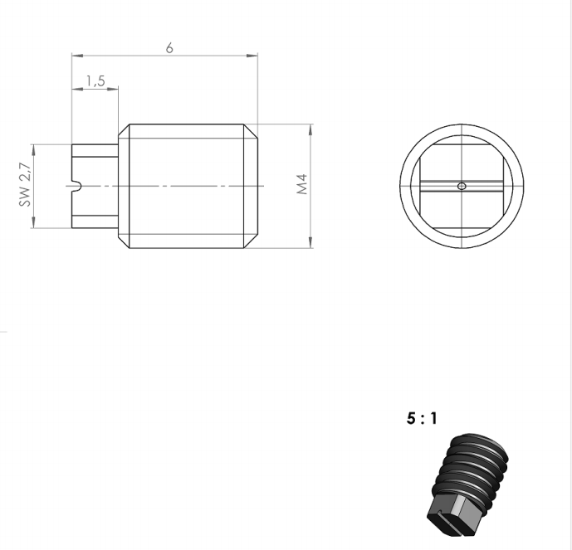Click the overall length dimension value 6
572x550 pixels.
(x=169, y=47)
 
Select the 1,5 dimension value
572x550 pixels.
(x=95, y=80)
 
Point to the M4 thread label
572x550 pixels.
(x=302, y=184)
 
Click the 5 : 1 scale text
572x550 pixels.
(x=422, y=419)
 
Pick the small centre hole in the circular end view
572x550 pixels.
(x=462, y=186)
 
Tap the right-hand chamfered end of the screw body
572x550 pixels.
(x=251, y=186)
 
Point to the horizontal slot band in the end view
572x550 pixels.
(x=462, y=186)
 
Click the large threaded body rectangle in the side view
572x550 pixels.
(x=187, y=186)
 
